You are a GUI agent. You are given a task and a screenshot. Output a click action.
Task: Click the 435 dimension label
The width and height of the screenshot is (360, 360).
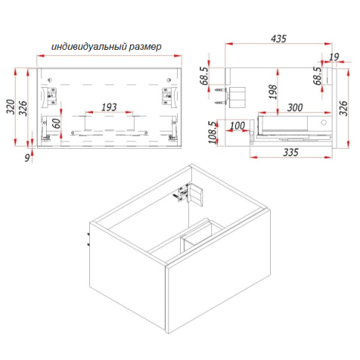278,39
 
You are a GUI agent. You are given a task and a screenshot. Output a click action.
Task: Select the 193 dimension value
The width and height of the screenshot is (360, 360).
109,107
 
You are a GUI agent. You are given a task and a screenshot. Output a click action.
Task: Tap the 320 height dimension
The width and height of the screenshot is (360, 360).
10,107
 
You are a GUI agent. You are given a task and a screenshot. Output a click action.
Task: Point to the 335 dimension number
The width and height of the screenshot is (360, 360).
291,152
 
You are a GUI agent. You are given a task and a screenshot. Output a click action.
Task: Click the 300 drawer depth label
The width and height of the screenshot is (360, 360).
295,108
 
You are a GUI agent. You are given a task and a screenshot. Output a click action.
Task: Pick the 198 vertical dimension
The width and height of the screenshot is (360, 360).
273,91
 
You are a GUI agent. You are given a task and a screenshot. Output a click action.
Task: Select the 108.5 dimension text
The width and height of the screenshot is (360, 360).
213,132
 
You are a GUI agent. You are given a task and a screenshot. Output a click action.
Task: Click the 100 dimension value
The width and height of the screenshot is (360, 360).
237,126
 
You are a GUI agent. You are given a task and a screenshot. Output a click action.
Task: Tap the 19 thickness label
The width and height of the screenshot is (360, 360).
334,57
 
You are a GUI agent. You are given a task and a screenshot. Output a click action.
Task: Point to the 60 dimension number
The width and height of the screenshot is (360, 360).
57,123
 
